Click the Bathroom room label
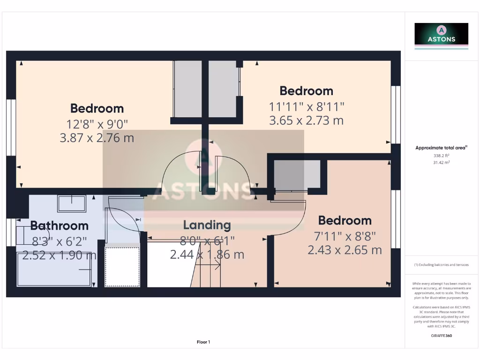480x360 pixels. click(59, 225)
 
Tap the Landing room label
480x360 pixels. click(207, 225)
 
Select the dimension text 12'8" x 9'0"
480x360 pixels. click(97, 124)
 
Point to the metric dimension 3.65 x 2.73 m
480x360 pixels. click(306, 120)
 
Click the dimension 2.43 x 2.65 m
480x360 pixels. click(345, 250)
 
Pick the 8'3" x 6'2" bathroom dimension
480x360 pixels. click(59, 242)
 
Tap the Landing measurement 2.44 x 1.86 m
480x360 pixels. click(207, 255)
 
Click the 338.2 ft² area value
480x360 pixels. click(441, 155)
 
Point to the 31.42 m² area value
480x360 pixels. click(441, 162)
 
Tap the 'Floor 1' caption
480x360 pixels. click(203, 342)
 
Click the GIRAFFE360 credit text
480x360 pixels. click(441, 336)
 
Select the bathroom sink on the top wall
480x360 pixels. click(72, 203)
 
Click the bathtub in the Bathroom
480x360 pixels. click(54, 269)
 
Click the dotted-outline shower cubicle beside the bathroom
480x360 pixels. click(122, 266)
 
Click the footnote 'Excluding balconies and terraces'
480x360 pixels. click(441, 265)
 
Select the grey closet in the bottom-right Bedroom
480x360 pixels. click(297, 175)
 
